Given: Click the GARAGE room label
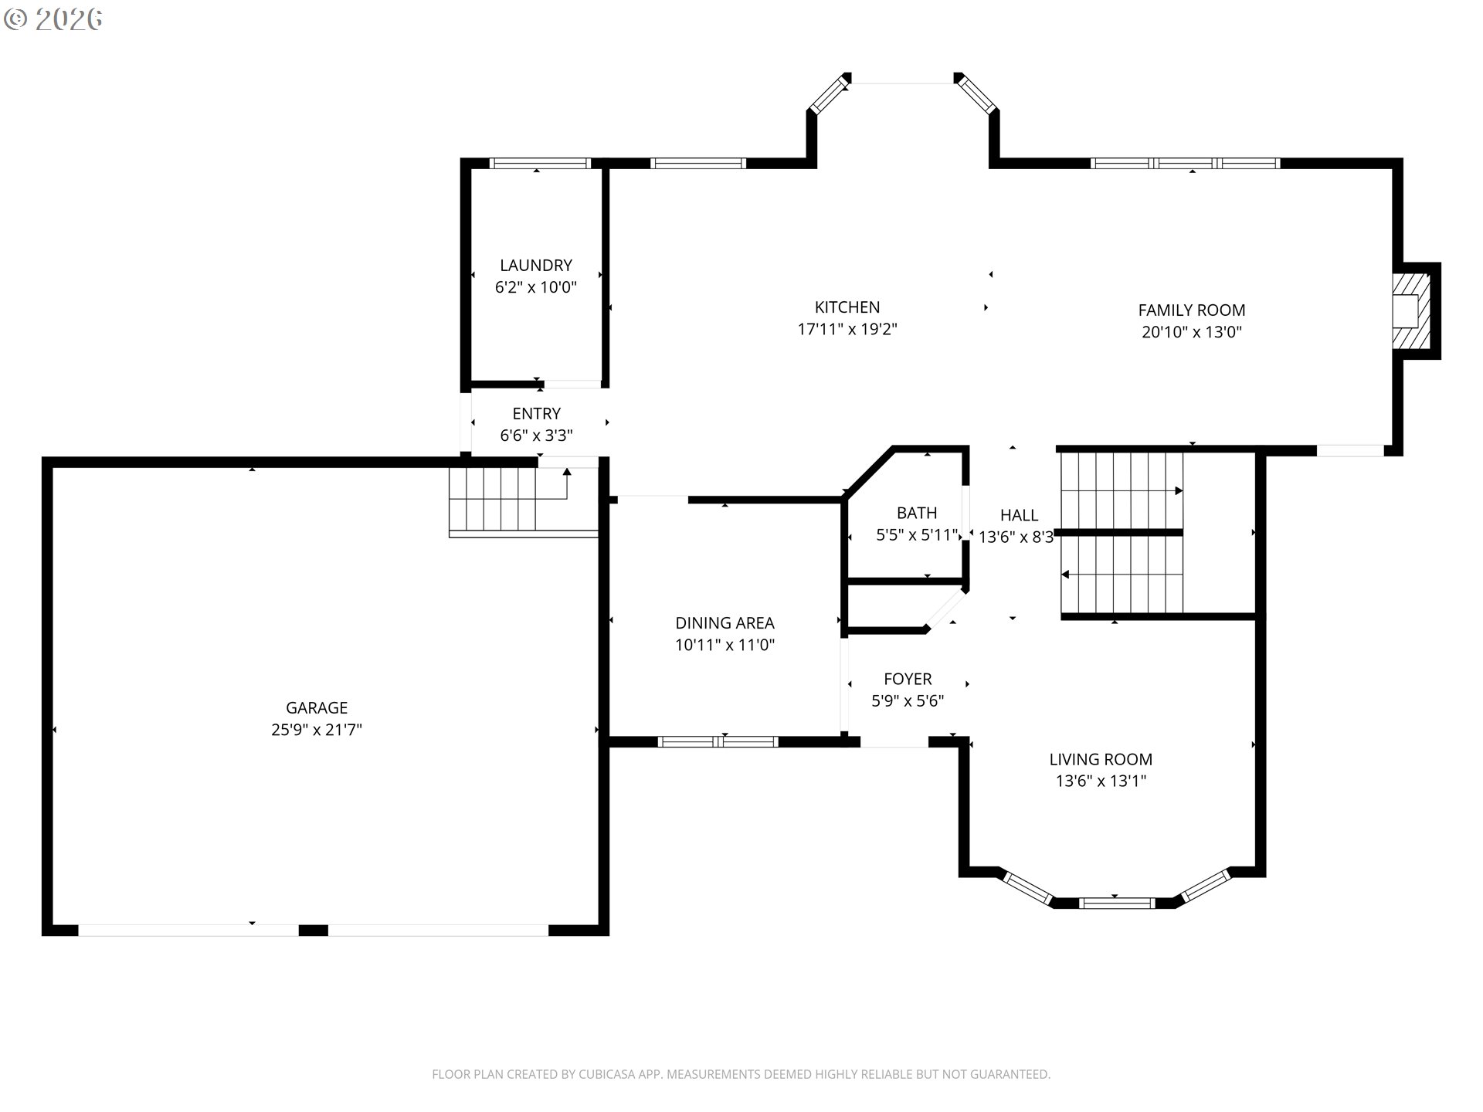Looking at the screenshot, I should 317,707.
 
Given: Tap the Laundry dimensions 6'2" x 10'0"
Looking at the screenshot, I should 535,287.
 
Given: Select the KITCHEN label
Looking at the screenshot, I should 847,307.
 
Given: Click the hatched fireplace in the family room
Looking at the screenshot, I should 1410,310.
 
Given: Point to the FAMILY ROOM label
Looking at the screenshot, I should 1191,310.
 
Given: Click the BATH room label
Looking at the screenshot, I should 917,513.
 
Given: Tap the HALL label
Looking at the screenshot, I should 1019,515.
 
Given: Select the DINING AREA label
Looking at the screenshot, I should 725,623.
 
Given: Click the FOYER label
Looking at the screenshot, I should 908,679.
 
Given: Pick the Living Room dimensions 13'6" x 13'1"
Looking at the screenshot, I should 1101,781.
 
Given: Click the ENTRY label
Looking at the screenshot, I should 536,414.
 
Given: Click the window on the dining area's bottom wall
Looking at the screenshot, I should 718,742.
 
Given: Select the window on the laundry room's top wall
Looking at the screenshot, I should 539,163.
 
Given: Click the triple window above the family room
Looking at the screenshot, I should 1185,163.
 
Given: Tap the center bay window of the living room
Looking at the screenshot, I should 1116,903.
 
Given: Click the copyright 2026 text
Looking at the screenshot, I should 53,19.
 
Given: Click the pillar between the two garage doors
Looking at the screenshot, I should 313,930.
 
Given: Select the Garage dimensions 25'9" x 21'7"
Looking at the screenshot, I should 317,730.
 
